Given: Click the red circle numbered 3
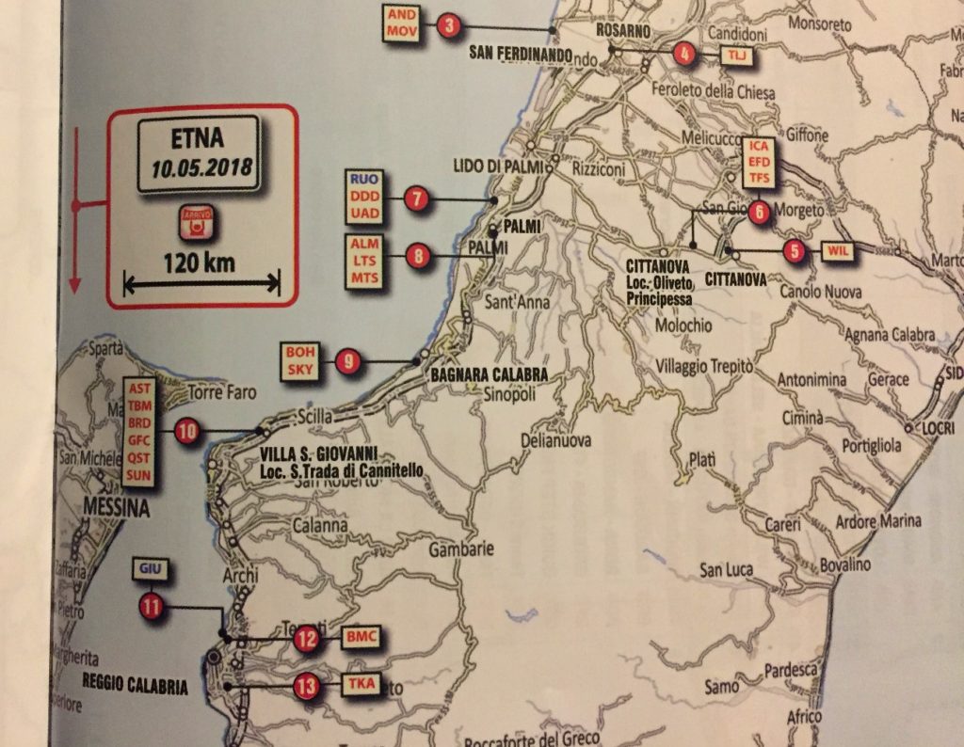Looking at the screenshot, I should tap(448, 26).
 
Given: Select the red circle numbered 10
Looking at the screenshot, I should tap(186, 432).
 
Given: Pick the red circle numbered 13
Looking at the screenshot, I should tap(305, 687).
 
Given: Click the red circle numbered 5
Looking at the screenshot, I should tap(795, 250).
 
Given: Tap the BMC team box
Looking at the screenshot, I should tap(361, 638).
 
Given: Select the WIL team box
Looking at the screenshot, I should tap(841, 251).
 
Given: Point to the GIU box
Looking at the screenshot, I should tap(151, 569).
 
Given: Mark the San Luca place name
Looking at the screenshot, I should tap(725, 570).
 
